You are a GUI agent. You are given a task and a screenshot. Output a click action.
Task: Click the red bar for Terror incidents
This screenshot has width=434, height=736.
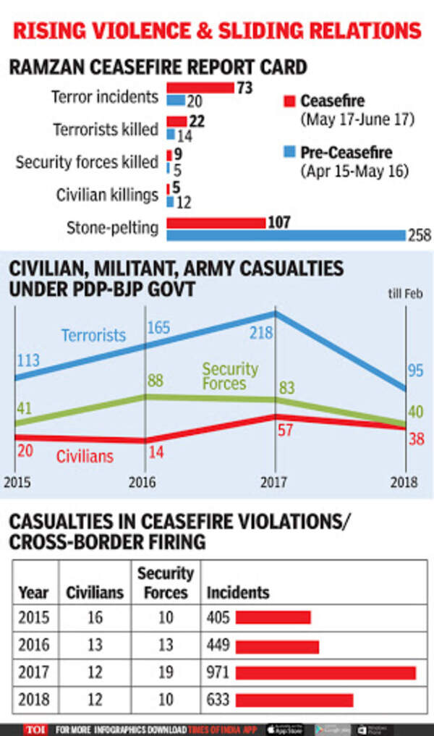click(x=200, y=88)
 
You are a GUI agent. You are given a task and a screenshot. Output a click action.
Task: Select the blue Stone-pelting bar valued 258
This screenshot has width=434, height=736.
click(x=286, y=235)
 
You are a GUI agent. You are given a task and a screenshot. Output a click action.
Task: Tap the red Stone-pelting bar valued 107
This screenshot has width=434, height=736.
click(x=216, y=223)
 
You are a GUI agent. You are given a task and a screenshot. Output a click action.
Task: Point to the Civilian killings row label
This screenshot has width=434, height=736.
click(x=107, y=195)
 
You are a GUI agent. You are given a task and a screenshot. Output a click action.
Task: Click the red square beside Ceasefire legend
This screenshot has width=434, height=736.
click(x=288, y=100)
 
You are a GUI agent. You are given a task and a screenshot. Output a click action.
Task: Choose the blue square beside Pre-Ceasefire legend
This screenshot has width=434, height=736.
click(x=288, y=153)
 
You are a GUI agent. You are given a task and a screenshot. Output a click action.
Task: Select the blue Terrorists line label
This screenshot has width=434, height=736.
click(x=93, y=335)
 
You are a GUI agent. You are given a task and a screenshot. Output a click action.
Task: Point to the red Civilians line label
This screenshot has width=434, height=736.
click(x=85, y=457)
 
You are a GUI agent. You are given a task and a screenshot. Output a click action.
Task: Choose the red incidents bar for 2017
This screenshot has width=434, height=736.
click(x=325, y=673)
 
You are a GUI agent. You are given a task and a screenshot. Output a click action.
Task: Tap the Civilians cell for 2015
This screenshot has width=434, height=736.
click(x=94, y=618)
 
